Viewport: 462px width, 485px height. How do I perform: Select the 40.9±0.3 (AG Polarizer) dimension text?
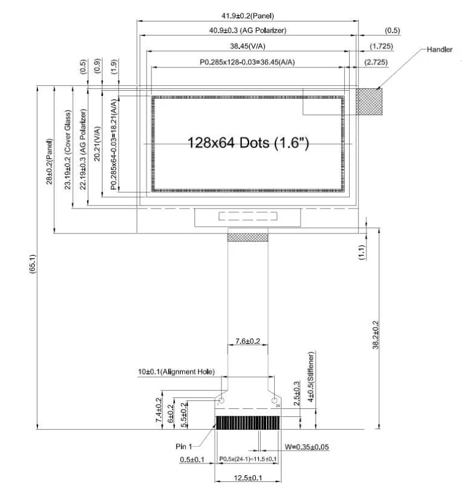(247, 30)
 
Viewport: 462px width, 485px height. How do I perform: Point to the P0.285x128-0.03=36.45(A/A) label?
(247, 62)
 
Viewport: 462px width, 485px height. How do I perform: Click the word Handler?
(440, 49)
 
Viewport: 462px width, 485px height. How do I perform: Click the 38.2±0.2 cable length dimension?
(375, 334)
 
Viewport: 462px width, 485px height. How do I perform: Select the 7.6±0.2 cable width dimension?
(248, 340)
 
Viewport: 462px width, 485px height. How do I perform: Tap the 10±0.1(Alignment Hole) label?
(175, 372)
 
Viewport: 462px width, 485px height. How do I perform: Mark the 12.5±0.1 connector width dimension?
(247, 477)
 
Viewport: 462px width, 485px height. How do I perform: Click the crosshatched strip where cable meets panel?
(248, 237)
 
